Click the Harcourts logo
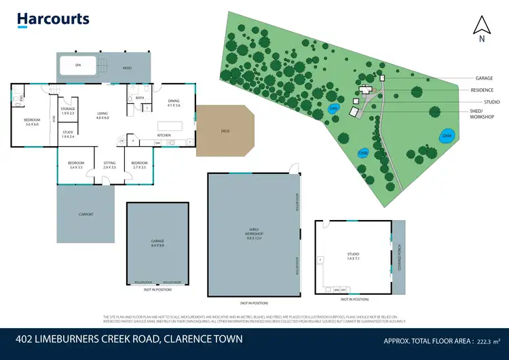(x=53, y=19)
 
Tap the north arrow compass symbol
(x=481, y=29)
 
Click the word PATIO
(x=126, y=68)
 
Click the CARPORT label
(x=86, y=214)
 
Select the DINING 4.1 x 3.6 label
(x=173, y=103)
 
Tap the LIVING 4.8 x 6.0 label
(x=102, y=115)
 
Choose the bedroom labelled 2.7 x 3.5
(x=139, y=164)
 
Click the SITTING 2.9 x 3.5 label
(x=109, y=164)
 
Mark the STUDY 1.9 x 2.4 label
(x=68, y=134)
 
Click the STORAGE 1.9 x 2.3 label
(x=68, y=110)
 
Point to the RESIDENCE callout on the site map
(x=481, y=90)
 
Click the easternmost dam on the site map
(x=446, y=136)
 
